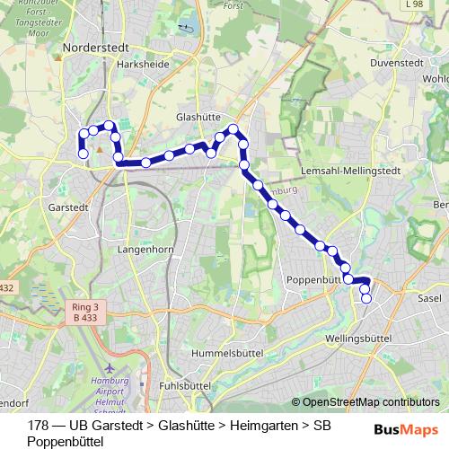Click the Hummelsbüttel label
click(219, 354)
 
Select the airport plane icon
click(110, 368)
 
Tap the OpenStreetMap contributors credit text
click(371, 402)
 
